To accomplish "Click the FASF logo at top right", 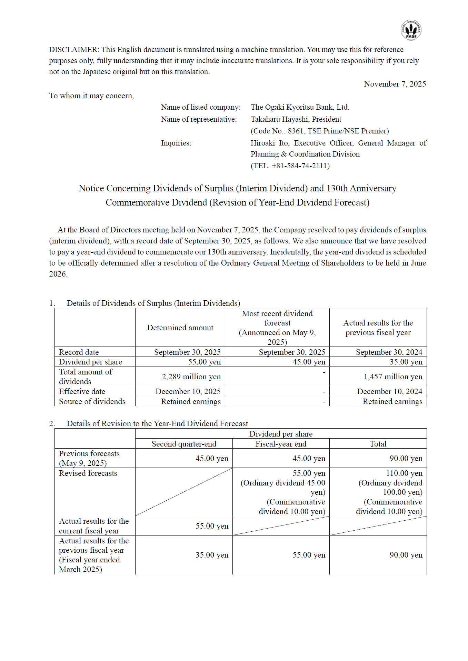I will coord(411,30).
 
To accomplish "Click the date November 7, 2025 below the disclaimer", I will coord(395,84).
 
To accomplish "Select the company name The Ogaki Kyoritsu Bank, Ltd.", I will coord(300,107).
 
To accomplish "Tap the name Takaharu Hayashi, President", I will coord(296,119).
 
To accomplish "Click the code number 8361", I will coord(296,131).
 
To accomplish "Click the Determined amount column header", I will coord(180,328).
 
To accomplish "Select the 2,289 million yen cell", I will coord(191,377).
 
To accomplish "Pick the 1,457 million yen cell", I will coord(393,377).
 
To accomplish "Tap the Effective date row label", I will coord(82,391).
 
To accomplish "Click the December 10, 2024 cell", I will coord(389,391).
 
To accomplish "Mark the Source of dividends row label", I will coord(92,401).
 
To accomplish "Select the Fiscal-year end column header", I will coord(281,444).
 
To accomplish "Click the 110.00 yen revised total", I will coord(404,473).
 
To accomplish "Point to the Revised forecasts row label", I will coord(88,473).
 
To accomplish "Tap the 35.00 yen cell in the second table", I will coord(212,555).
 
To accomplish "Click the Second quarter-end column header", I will coord(184,444).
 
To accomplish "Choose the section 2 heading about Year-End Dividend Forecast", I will coord(157,423).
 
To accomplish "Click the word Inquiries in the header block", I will coord(176,143).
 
